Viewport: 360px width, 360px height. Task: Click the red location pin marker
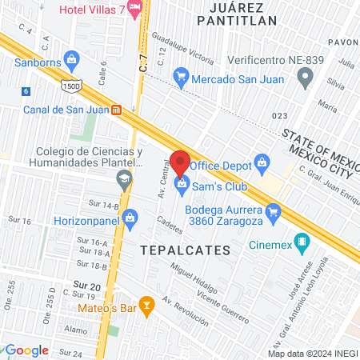(180, 162)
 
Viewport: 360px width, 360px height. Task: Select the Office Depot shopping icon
(261, 164)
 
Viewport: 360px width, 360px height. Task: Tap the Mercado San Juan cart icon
(181, 78)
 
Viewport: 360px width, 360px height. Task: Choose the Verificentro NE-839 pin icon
(304, 77)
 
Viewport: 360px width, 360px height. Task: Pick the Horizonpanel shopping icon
(131, 216)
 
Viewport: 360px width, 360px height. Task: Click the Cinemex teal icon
(301, 241)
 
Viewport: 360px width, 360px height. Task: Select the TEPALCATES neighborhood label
(185, 250)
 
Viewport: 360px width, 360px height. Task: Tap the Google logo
(26, 350)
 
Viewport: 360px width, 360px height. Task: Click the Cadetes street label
(170, 223)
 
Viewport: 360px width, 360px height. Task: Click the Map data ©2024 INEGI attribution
(311, 353)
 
